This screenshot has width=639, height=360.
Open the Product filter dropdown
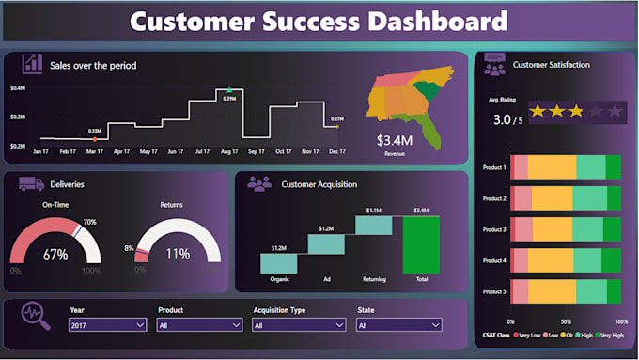200,324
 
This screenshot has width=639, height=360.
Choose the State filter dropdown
398,324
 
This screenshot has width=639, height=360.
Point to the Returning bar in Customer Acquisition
374,225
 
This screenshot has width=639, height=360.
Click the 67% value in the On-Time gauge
55,255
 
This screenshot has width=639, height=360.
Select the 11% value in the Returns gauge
178,255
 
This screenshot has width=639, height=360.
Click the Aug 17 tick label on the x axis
228,150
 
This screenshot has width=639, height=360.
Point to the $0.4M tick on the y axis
18,88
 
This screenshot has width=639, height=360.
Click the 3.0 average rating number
503,120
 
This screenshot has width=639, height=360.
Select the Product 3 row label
494,229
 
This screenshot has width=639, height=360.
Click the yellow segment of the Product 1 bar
551,167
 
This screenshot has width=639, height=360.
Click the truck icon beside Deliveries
30,184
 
